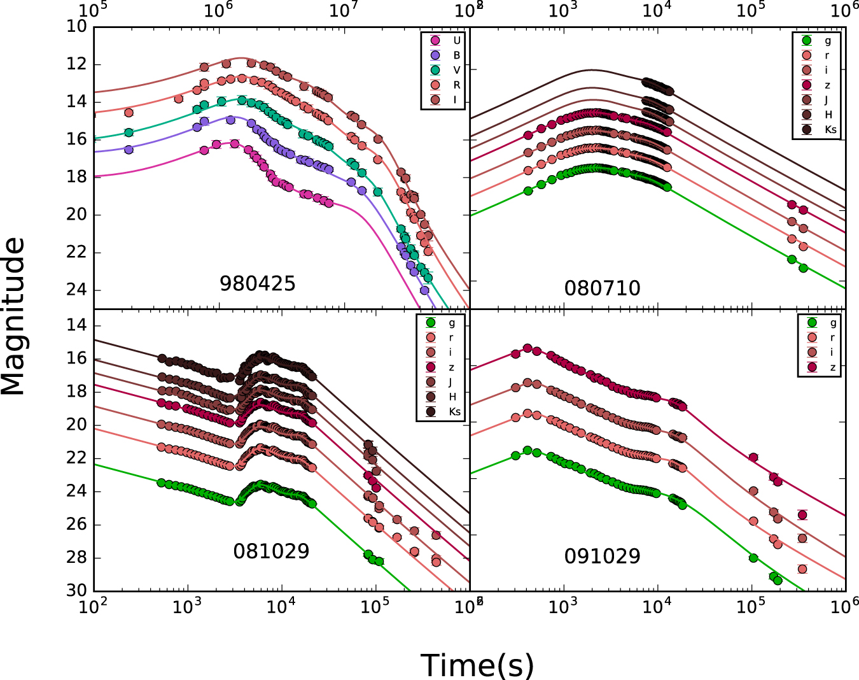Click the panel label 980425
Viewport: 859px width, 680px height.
point(258,283)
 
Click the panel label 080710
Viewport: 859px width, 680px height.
point(602,288)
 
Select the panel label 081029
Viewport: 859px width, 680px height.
point(271,551)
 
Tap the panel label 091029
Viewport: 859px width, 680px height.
point(602,556)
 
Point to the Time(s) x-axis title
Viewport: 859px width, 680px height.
point(477,665)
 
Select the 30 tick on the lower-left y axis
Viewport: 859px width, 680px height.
point(76,590)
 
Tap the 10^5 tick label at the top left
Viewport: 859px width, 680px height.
point(93,10)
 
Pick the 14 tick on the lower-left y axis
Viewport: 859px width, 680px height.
point(76,325)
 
